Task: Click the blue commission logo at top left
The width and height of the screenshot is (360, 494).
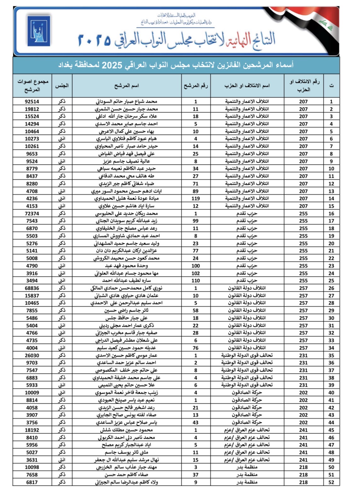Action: click(x=38, y=31)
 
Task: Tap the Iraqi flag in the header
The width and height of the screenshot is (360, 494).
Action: click(x=318, y=24)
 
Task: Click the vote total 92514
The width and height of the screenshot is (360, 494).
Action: click(x=32, y=102)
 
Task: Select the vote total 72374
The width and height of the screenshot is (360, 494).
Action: click(x=32, y=214)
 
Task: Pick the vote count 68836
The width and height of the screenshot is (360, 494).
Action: click(x=32, y=288)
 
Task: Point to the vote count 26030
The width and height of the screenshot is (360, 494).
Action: click(x=32, y=356)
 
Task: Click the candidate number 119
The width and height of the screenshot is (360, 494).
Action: click(x=196, y=199)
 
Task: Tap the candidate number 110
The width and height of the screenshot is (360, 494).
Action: click(x=196, y=281)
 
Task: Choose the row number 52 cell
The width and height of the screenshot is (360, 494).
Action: click(x=331, y=482)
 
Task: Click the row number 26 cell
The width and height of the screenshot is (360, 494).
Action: click(x=331, y=288)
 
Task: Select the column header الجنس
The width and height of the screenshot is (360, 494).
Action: click(x=62, y=86)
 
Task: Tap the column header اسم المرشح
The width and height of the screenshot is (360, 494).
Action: click(x=127, y=86)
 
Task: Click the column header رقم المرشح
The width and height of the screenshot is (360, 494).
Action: click(x=196, y=86)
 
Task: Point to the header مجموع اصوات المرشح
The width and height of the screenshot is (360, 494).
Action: click(x=32, y=86)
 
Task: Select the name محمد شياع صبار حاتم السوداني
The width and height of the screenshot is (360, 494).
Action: click(x=127, y=102)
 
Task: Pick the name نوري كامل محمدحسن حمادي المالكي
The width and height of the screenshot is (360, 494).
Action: click(x=127, y=288)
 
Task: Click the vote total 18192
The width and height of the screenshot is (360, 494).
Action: click(x=32, y=430)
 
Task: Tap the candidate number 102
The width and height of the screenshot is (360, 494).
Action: click(x=196, y=273)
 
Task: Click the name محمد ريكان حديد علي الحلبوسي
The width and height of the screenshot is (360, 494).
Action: click(x=127, y=214)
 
